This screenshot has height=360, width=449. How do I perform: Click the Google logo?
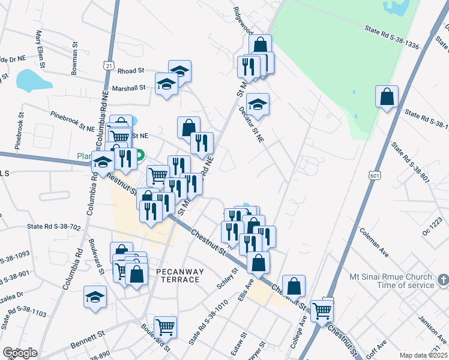20,353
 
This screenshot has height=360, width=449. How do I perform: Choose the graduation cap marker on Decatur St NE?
258,104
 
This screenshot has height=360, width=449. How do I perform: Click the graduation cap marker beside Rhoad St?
179,71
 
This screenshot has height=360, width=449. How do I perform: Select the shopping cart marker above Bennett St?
165,327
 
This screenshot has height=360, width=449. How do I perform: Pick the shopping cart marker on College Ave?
322,310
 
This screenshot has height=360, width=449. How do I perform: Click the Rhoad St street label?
132,70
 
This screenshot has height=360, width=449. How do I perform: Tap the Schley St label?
228,277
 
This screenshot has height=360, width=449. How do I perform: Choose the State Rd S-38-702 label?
53,227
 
